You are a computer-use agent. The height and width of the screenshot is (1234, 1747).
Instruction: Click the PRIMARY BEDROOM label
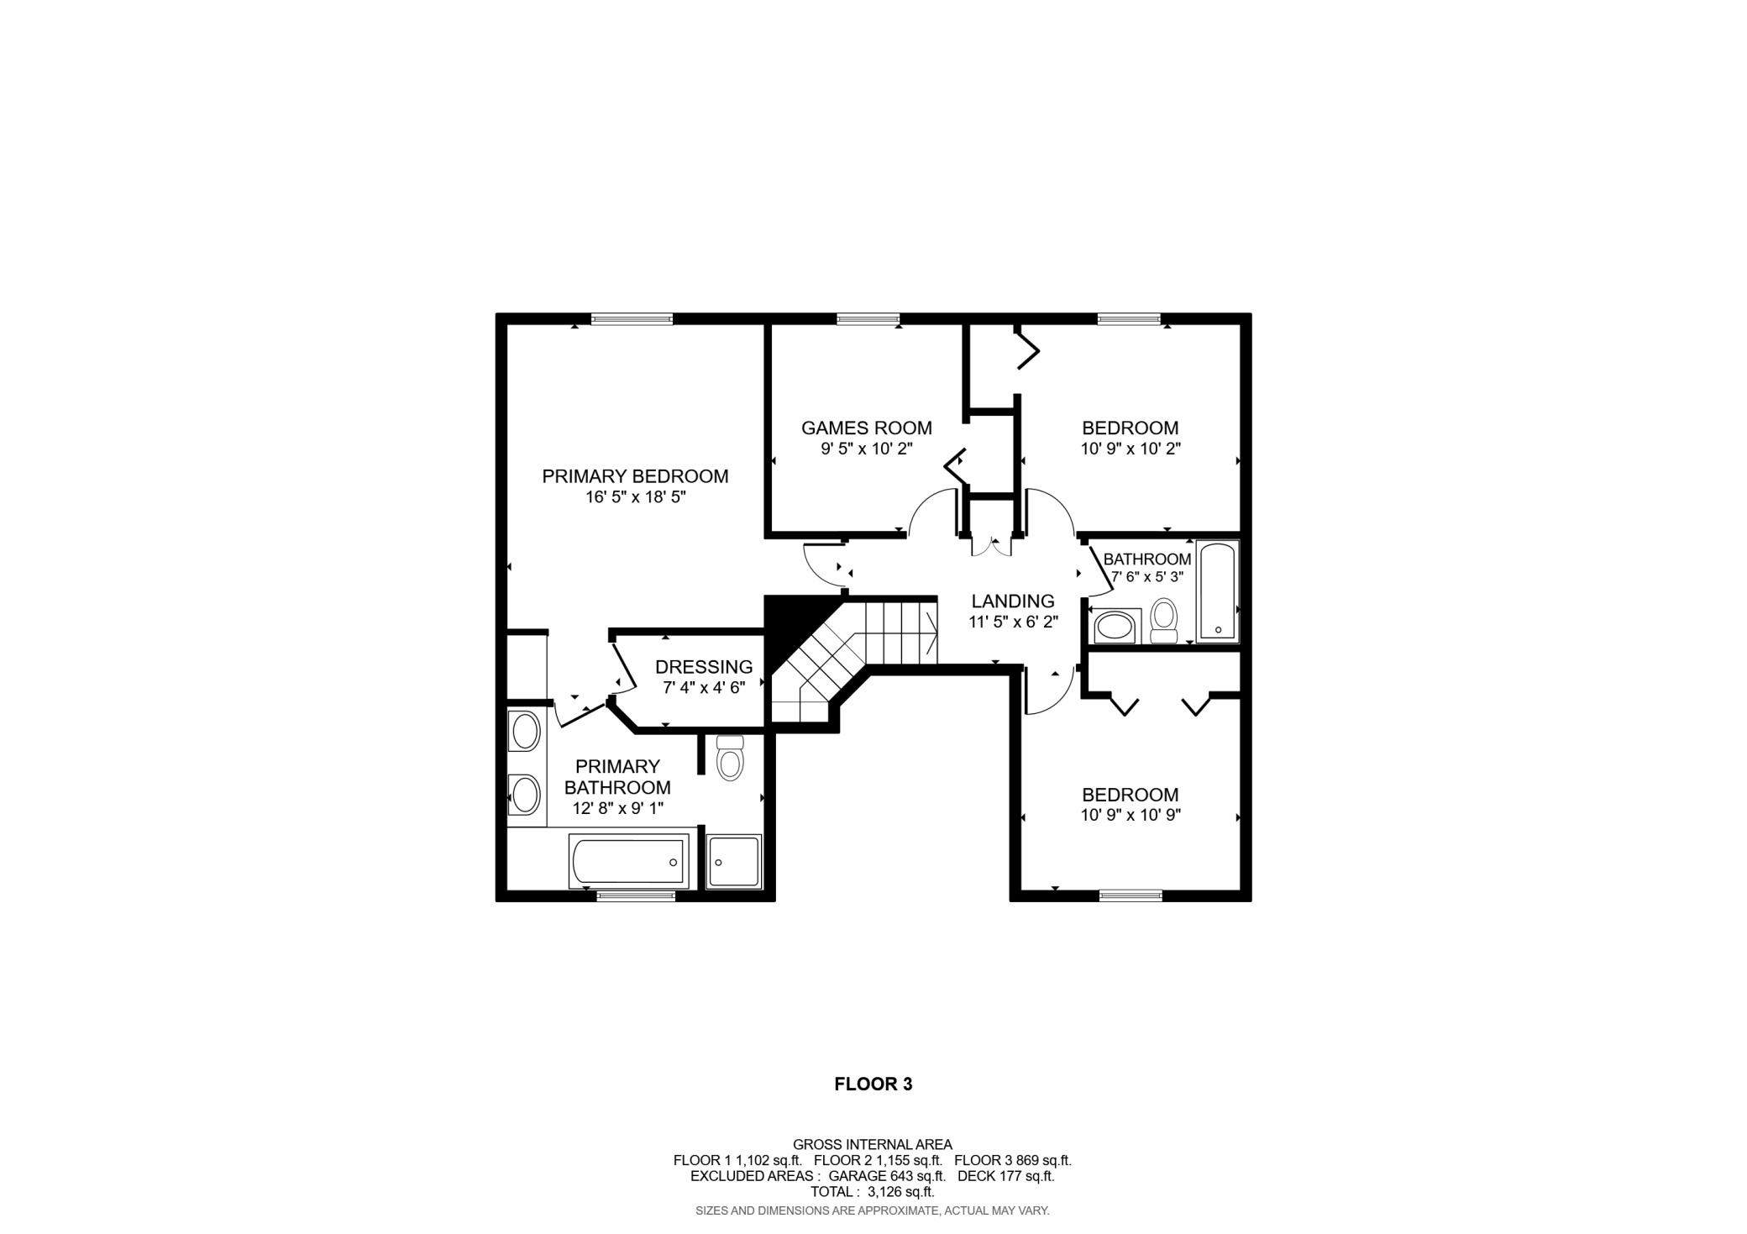635,476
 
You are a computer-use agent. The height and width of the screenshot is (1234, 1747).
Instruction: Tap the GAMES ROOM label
866,428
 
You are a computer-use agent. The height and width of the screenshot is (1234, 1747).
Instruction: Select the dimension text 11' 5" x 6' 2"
1013,622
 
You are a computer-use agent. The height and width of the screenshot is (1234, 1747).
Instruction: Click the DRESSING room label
704,667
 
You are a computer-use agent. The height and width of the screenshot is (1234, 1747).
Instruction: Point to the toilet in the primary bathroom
730,759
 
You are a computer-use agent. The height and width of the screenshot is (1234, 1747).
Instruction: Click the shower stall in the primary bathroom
734,861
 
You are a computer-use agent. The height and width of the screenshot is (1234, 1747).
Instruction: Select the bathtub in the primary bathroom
628,861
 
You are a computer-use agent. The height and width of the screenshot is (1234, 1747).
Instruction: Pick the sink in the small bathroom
1115,627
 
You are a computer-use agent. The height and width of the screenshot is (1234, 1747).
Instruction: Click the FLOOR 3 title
873,1084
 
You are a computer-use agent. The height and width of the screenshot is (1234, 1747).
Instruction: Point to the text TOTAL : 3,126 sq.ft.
872,1191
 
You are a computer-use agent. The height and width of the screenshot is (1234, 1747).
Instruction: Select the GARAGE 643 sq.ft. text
887,1176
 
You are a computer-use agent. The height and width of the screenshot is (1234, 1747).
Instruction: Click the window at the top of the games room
868,318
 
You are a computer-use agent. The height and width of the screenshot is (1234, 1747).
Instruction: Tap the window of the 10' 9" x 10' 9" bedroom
1131,895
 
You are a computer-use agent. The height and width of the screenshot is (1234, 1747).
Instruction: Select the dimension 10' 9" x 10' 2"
1131,449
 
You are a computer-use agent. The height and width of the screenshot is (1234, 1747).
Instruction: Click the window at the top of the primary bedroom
632,318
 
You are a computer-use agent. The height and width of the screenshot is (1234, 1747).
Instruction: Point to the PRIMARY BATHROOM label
617,777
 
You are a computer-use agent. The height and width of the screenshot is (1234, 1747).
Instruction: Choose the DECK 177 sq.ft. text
1005,1176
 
